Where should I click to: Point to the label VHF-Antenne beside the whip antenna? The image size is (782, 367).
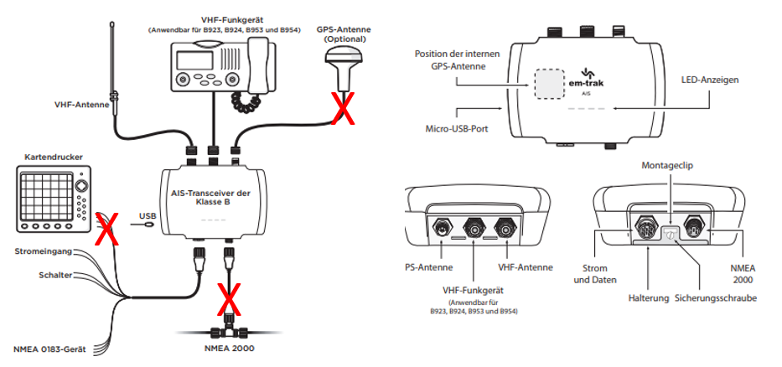pos(80,106)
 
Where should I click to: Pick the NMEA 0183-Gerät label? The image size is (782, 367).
pos(52,349)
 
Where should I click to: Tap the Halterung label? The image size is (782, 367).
pos(648,297)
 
